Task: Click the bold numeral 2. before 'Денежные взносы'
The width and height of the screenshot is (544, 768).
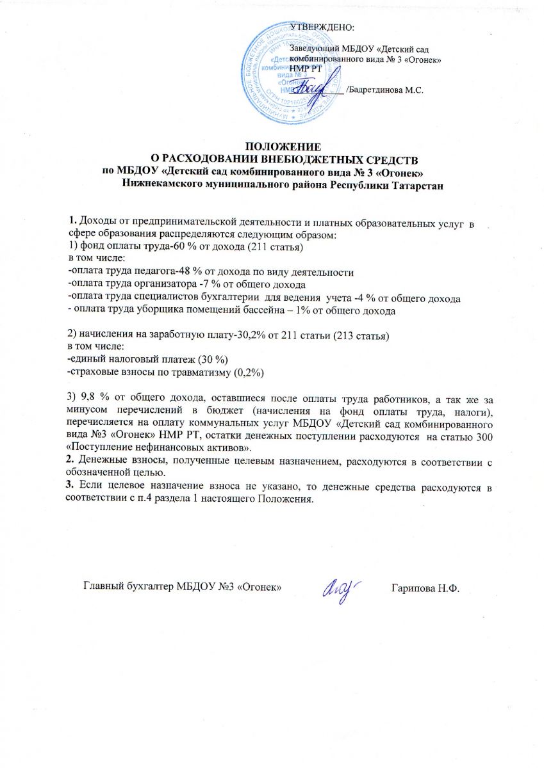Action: pyautogui.click(x=71, y=460)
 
